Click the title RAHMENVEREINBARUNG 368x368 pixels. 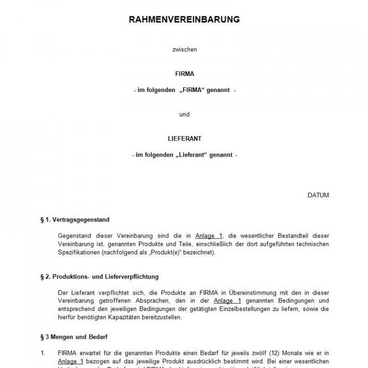click(x=184, y=20)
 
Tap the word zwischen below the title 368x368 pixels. click(x=184, y=49)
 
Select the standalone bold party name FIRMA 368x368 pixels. click(x=184, y=74)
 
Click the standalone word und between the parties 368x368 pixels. click(x=184, y=115)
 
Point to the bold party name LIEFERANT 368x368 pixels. click(x=184, y=138)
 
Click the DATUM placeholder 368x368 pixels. click(x=318, y=195)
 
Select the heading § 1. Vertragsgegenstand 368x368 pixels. click(x=75, y=220)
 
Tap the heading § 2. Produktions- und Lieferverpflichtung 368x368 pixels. click(x=99, y=276)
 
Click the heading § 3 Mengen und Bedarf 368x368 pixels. click(x=73, y=337)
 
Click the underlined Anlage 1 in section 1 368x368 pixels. click(x=209, y=236)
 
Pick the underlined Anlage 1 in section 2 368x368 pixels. click(x=227, y=301)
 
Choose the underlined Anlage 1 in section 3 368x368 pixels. click(x=70, y=361)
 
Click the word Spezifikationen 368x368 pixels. click(x=75, y=252)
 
